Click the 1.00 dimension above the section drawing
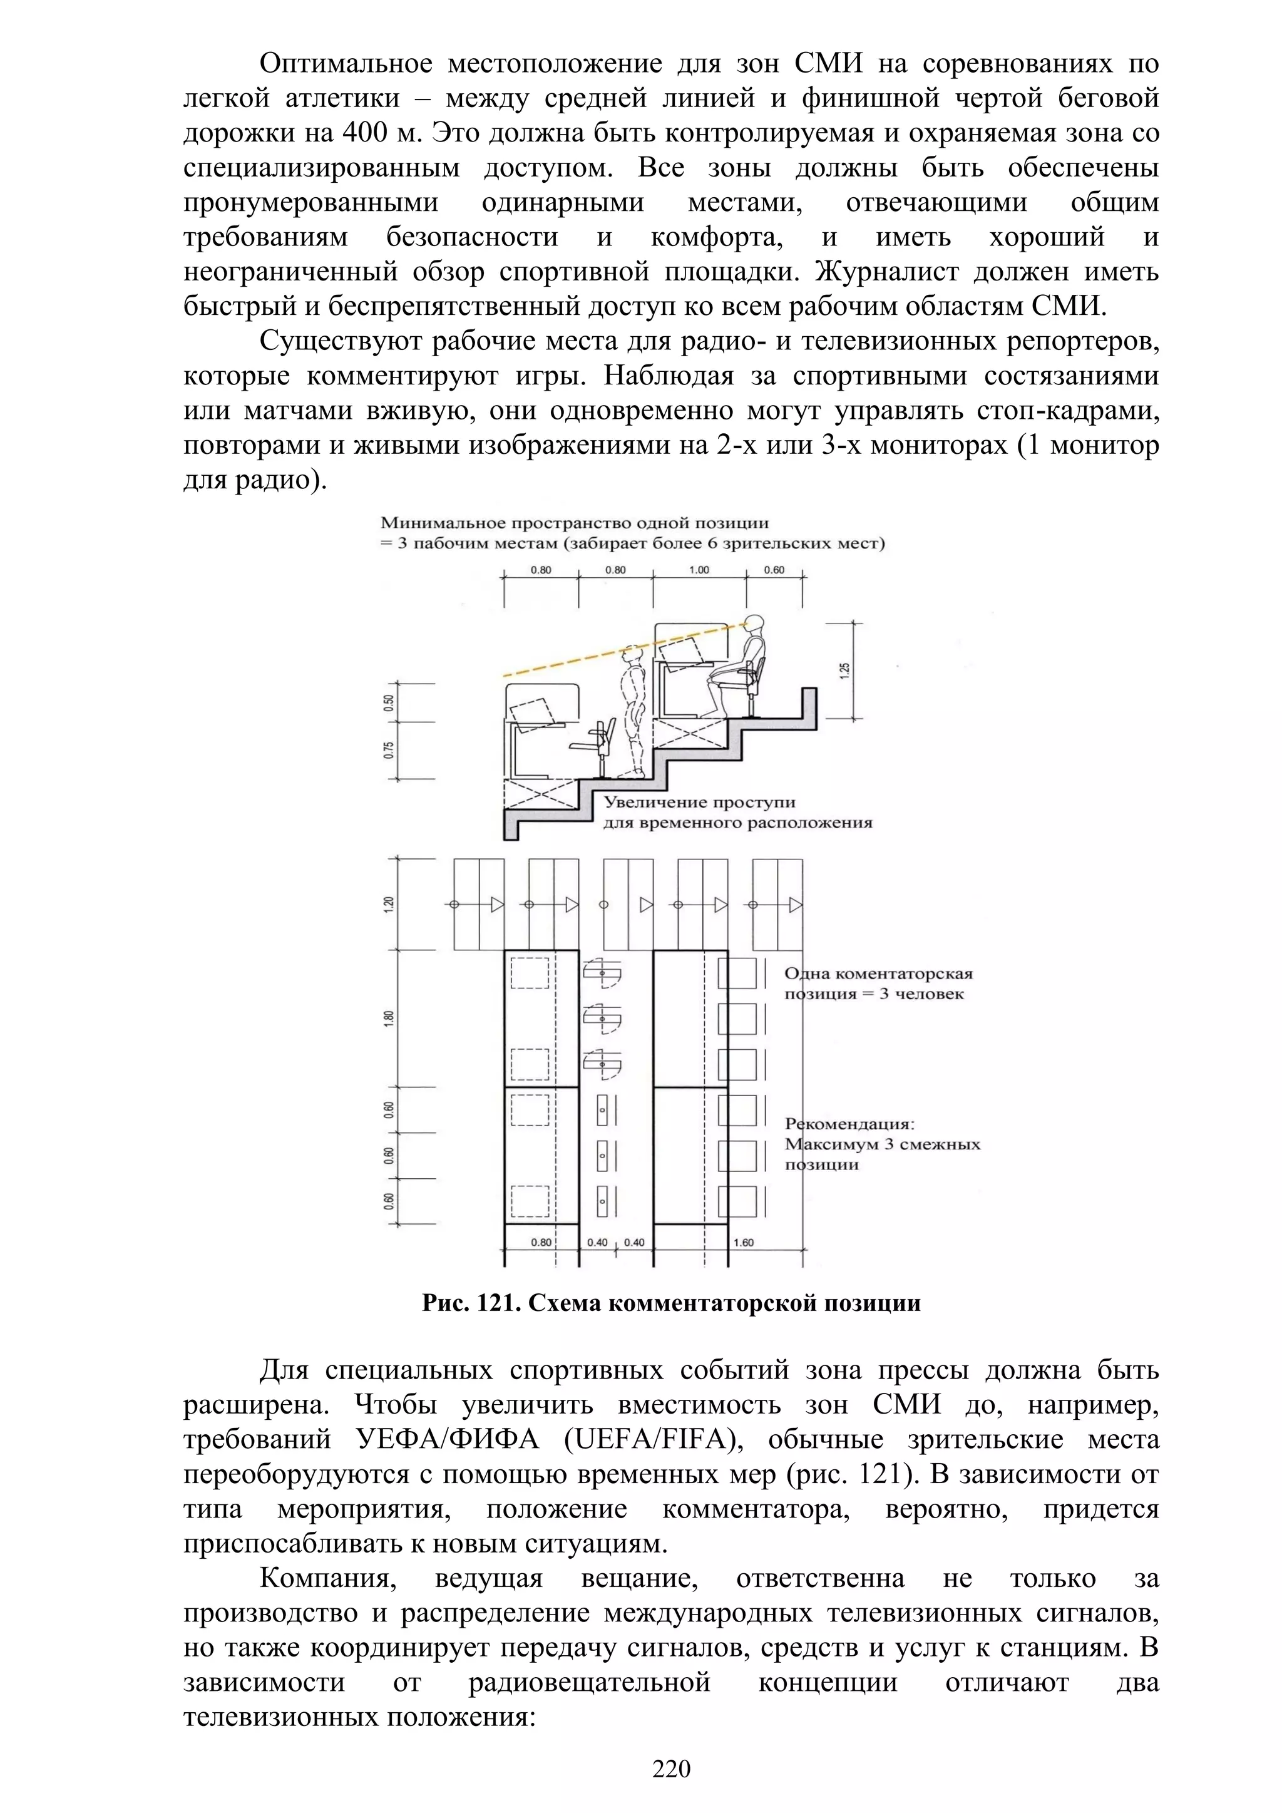point(699,569)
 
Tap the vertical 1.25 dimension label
point(846,670)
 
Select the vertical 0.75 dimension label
point(388,750)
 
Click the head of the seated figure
point(756,624)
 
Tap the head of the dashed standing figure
point(631,656)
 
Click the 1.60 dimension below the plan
point(743,1242)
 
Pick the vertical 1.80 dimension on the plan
point(388,1019)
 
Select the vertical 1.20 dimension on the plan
point(388,904)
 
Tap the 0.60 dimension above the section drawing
point(774,569)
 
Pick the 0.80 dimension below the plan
point(541,1242)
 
